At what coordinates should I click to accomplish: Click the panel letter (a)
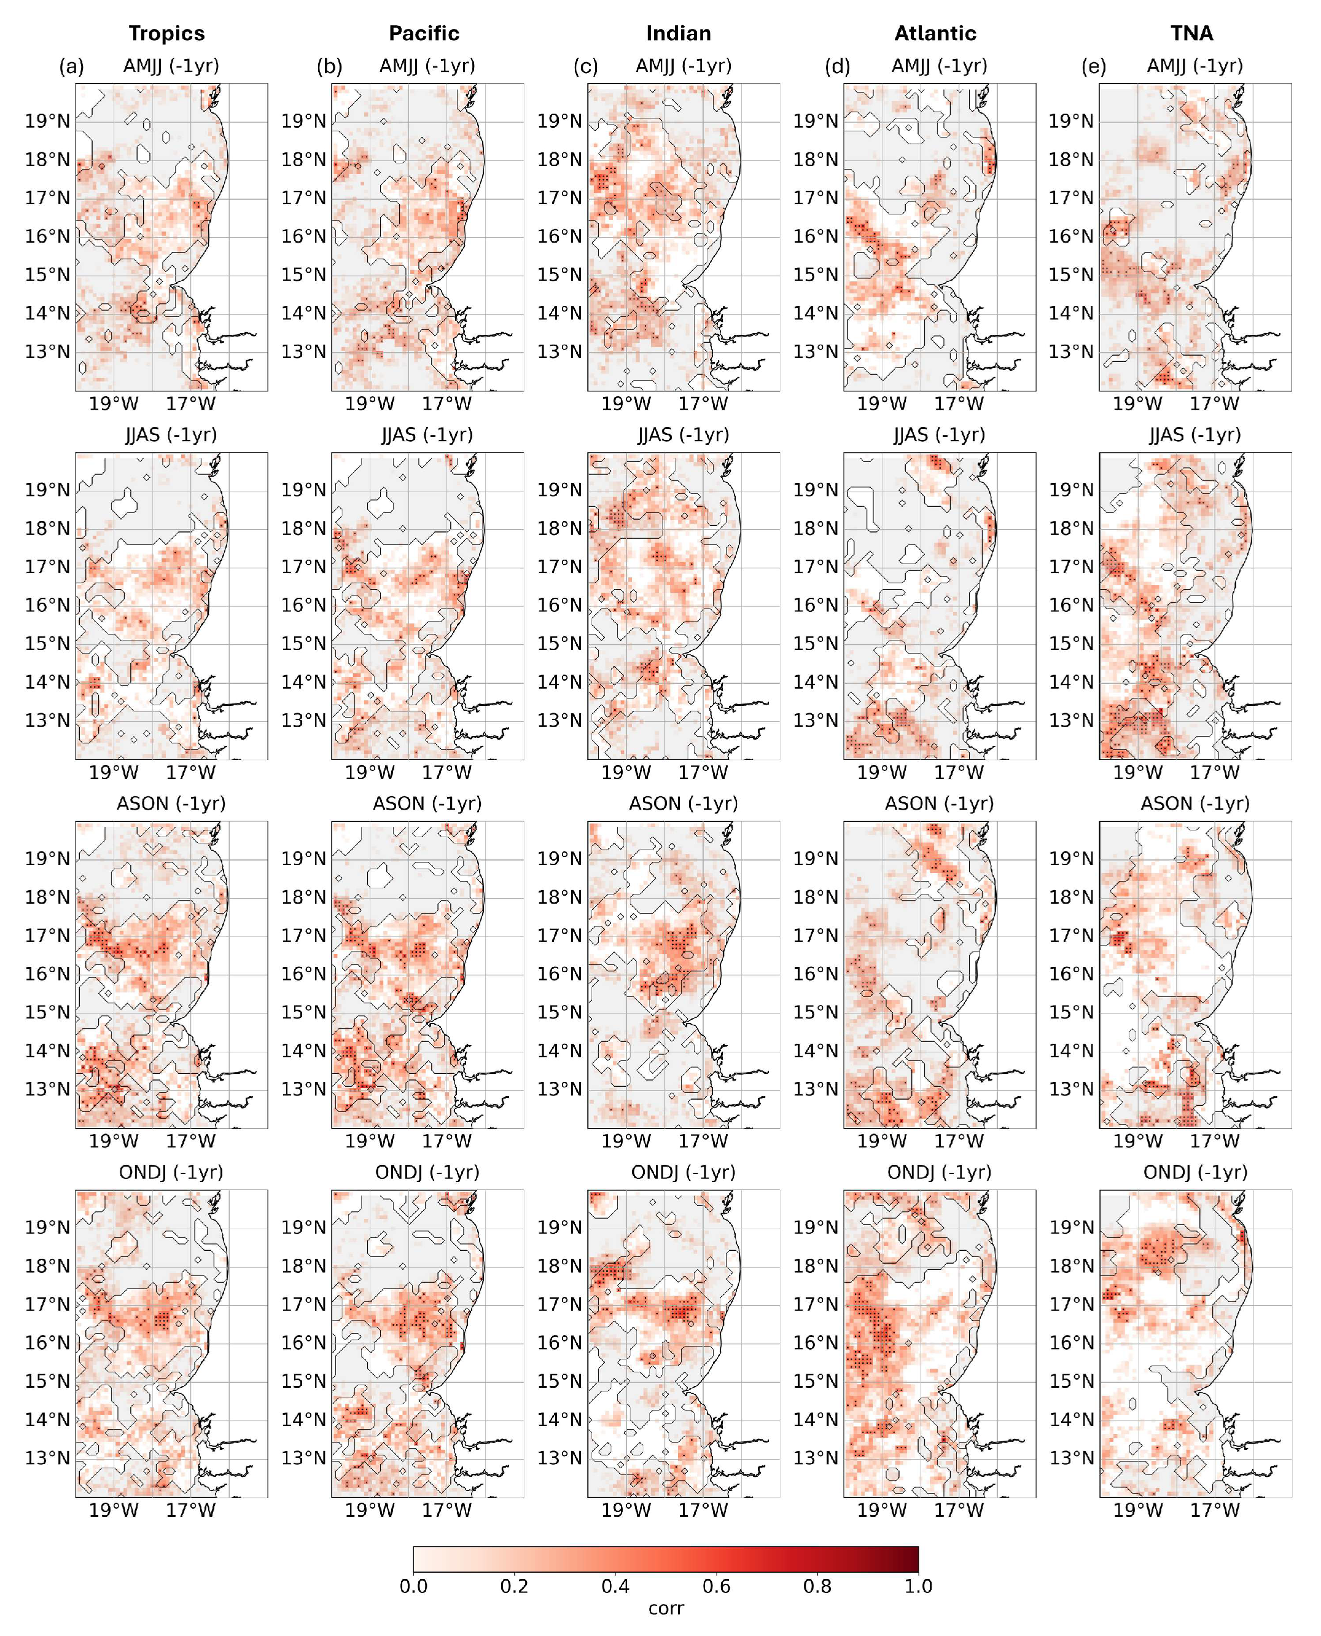[x=71, y=66]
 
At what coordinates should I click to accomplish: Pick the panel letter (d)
[x=837, y=66]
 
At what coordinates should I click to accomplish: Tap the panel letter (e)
[x=1094, y=66]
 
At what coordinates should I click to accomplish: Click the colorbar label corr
[x=666, y=1608]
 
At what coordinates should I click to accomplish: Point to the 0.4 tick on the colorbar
[x=615, y=1586]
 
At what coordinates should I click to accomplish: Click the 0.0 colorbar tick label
[x=413, y=1586]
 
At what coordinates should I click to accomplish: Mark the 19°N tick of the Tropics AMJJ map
[x=47, y=121]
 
